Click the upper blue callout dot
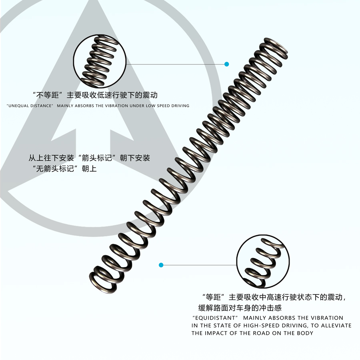[227, 64]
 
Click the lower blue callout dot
[161, 265]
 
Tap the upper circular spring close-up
[100, 61]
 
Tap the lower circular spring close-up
[263, 261]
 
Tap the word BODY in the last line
[305, 333]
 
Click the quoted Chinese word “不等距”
[48, 95]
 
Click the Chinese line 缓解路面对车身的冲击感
[240, 308]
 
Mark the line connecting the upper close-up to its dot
[176, 64]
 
